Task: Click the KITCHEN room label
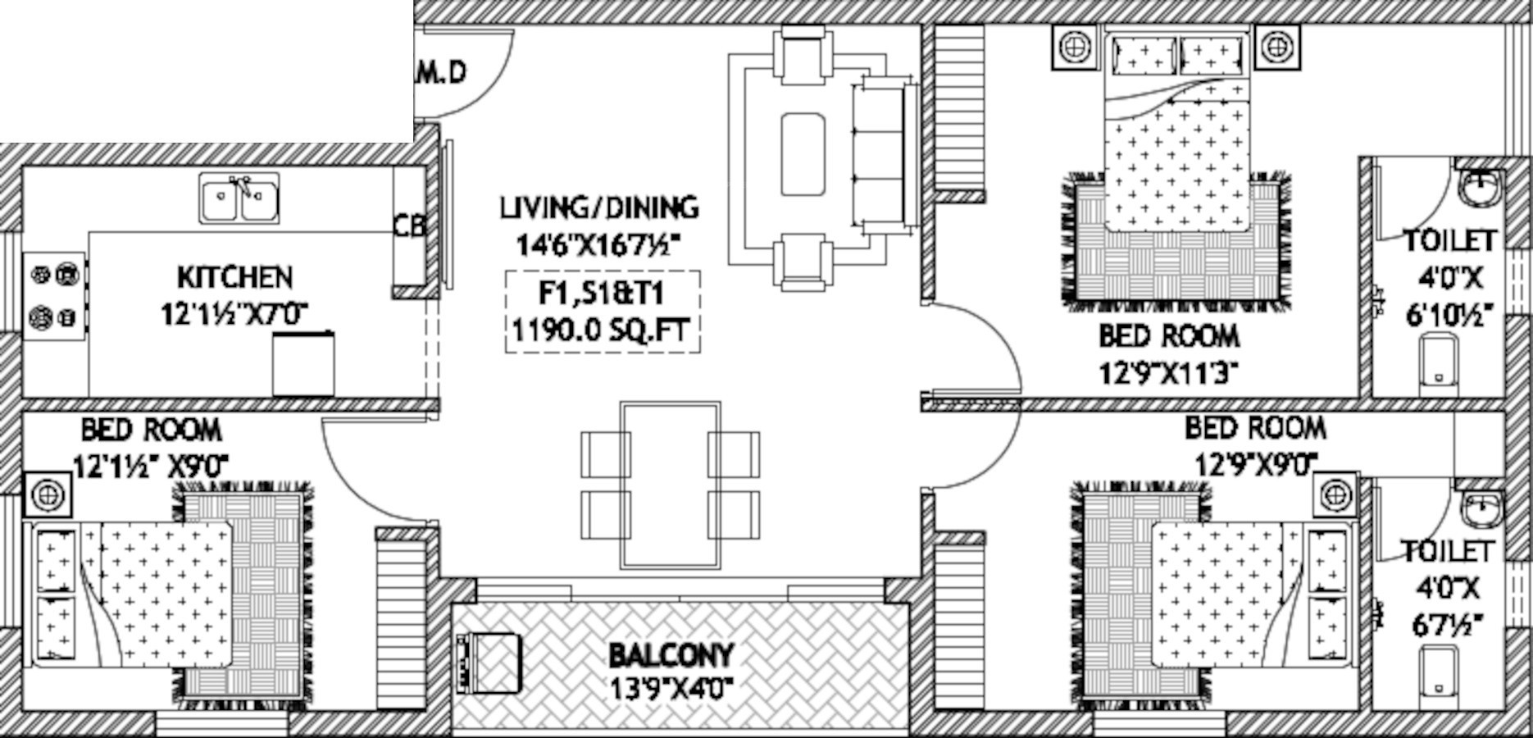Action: pos(234,277)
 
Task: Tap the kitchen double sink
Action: pos(239,198)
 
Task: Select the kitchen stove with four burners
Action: pos(54,295)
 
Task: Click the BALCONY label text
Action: pos(671,655)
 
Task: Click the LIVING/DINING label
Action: pos(599,207)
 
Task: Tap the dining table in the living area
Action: pos(671,485)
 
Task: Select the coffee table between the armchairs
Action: pos(802,154)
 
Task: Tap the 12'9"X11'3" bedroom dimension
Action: pos(1167,374)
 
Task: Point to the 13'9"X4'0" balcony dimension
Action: pos(671,686)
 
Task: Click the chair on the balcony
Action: pos(489,661)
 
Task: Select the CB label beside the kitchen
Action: pos(409,225)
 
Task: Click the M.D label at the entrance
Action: pos(442,72)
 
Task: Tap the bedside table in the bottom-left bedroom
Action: pos(48,495)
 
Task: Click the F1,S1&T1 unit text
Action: pos(601,294)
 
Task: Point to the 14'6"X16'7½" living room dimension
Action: pos(598,244)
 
